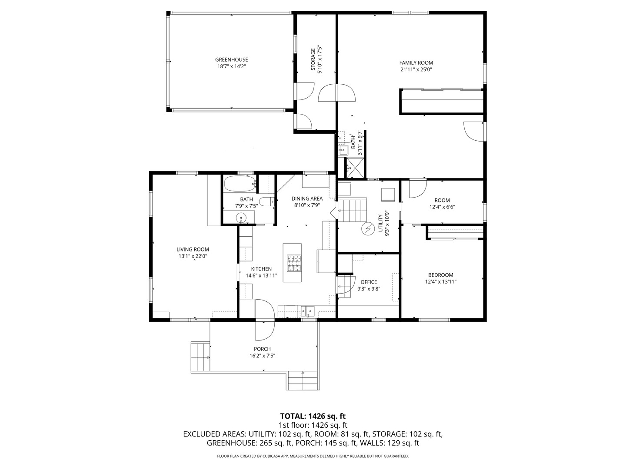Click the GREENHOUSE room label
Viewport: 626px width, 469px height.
click(231, 60)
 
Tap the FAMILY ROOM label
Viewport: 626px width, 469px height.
click(416, 63)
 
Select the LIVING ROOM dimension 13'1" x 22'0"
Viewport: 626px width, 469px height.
click(193, 256)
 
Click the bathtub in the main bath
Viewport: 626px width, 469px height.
click(240, 184)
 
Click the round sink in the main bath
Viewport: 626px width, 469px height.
click(241, 218)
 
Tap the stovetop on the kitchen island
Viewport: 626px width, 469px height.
click(294, 262)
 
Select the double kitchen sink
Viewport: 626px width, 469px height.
click(308, 311)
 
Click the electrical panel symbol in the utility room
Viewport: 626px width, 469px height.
click(368, 228)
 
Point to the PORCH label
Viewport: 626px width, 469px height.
click(262, 349)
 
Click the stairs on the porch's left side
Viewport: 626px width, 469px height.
click(200, 357)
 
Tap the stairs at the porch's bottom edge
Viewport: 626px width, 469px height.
click(303, 381)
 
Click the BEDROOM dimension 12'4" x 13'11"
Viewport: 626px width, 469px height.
click(440, 282)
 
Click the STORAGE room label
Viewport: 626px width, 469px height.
click(313, 60)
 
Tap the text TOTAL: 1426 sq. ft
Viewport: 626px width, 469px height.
click(313, 416)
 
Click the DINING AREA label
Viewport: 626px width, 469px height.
click(307, 199)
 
